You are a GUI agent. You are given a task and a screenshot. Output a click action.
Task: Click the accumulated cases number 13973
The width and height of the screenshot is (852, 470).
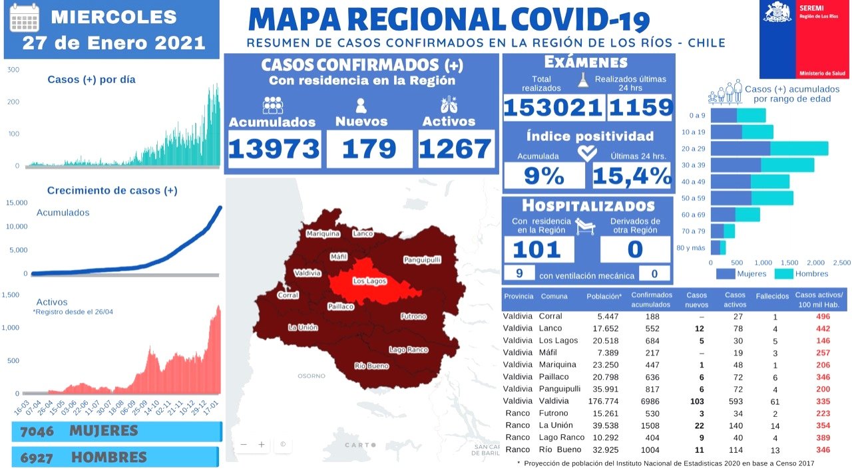pyautogui.click(x=274, y=149)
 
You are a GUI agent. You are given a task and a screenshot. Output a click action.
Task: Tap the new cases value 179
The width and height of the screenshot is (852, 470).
pyautogui.click(x=369, y=149)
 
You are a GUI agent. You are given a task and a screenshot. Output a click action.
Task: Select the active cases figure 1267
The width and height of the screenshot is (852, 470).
pyautogui.click(x=456, y=149)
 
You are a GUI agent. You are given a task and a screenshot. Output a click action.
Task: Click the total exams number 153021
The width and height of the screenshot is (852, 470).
pyautogui.click(x=554, y=108)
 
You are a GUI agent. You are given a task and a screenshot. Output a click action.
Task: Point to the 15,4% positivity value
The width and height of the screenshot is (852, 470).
pyautogui.click(x=632, y=176)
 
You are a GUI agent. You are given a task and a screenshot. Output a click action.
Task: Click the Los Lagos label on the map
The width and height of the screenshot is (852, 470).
pyautogui.click(x=369, y=281)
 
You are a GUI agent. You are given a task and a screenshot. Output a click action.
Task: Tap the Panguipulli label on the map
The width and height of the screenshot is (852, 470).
pyautogui.click(x=422, y=260)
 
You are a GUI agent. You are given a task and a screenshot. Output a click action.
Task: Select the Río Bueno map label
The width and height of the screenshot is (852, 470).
pyautogui.click(x=371, y=366)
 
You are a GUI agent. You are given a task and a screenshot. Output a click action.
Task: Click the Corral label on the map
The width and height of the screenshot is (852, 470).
pyautogui.click(x=288, y=295)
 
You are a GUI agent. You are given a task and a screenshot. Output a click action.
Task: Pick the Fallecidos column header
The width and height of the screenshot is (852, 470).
pyautogui.click(x=772, y=296)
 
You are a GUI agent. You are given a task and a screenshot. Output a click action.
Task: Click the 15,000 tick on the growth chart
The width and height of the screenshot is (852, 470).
pyautogui.click(x=17, y=203)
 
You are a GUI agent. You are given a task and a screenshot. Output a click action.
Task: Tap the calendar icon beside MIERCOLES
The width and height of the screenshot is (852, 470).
pyautogui.click(x=25, y=18)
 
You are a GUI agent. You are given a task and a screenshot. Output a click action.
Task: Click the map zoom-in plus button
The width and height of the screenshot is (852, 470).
pyautogui.click(x=262, y=444)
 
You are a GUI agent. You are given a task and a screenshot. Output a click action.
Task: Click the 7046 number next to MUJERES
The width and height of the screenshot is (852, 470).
pyautogui.click(x=36, y=431)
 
